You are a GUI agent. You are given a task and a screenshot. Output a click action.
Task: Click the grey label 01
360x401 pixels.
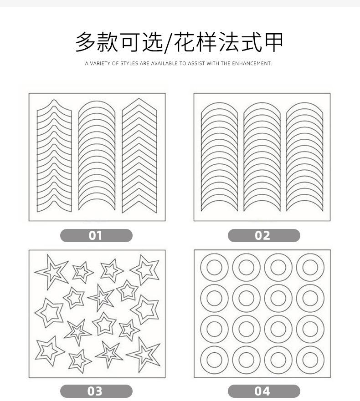[96, 235]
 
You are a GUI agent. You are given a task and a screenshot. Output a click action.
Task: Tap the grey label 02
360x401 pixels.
[263, 235]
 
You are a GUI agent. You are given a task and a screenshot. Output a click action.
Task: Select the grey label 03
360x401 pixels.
[96, 391]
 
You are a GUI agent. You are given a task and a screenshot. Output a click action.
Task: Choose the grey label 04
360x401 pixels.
[263, 391]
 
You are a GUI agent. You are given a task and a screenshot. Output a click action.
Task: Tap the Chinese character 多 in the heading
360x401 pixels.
[86, 42]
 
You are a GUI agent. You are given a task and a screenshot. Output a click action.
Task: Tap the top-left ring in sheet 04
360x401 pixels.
[214, 267]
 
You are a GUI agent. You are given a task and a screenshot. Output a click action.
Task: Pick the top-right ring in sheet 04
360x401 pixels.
[310, 267]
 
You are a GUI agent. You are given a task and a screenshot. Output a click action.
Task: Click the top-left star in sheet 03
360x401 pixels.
[51, 271]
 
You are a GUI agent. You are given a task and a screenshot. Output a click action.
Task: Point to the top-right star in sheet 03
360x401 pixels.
[145, 269]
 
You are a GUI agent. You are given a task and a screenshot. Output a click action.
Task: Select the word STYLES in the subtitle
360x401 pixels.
[130, 64]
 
